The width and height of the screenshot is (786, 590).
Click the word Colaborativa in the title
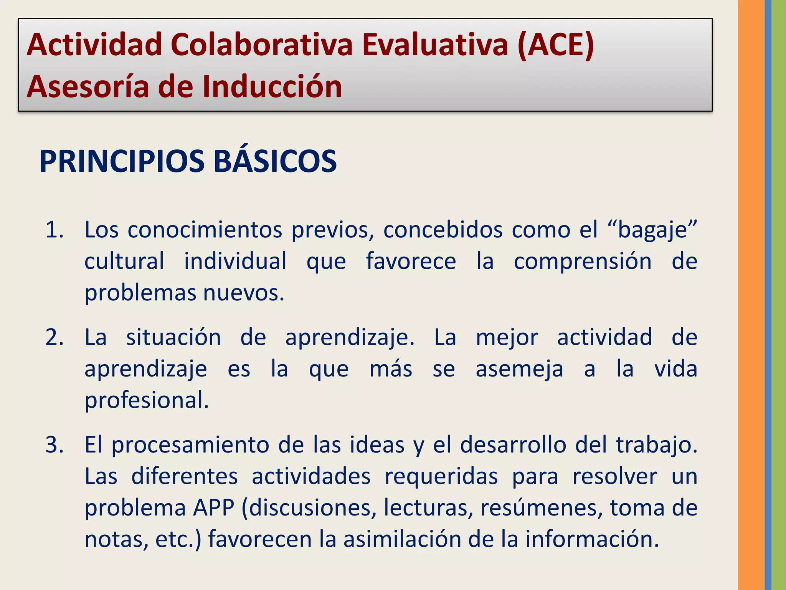coord(261,45)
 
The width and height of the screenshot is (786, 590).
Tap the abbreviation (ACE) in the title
coord(555,45)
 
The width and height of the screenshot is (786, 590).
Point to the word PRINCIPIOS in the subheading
coord(122,161)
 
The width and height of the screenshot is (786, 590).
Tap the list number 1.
coord(54,230)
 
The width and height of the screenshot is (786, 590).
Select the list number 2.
coord(54,338)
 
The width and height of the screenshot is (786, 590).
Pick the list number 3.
coord(54,445)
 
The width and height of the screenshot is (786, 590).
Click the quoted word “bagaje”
coord(652,230)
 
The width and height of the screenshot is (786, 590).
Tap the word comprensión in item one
coord(583,261)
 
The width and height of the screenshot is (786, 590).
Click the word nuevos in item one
coord(243,293)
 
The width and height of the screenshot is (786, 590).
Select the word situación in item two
coord(173,338)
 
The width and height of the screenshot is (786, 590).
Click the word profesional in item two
coord(146,400)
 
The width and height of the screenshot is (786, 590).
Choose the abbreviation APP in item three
coord(213,508)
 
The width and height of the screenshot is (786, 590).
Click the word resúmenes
coord(541,508)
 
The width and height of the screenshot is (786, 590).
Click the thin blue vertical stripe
coord(768,295)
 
